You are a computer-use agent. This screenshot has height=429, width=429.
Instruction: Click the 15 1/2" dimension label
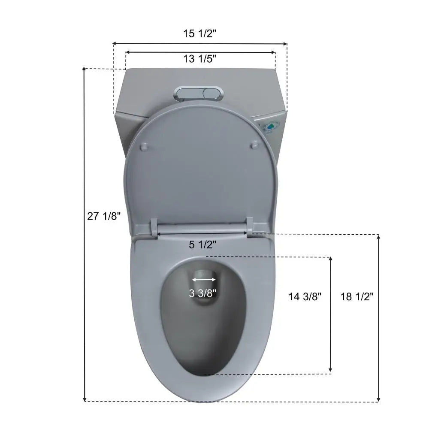200,34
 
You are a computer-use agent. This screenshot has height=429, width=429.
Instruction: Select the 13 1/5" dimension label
200,59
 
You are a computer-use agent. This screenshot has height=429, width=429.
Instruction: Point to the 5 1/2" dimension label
202,245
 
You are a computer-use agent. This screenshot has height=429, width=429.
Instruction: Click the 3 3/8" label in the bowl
202,293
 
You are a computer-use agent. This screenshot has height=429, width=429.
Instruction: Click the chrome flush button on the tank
199,93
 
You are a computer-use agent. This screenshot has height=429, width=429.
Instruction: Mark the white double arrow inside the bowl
204,280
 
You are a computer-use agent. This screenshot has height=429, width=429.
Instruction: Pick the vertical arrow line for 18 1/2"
378,318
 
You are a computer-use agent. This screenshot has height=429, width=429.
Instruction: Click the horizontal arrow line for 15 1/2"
200,43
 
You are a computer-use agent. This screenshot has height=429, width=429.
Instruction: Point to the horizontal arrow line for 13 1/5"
200,52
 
